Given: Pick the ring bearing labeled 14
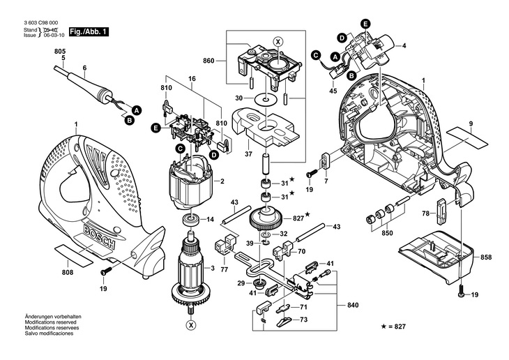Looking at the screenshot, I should coord(188,220).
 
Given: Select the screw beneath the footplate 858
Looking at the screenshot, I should coord(461,294).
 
